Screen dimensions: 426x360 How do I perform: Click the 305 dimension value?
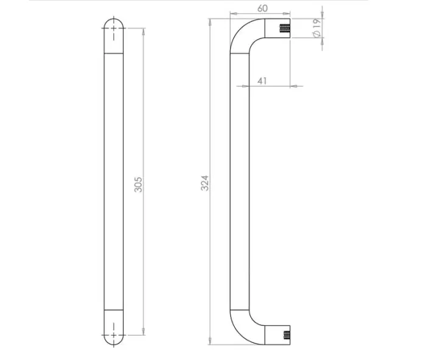138,185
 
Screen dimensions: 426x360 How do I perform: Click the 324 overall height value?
205,183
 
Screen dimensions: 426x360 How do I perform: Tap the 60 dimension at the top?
262,9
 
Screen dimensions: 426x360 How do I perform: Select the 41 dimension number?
262,81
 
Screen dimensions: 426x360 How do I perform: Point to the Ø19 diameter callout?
317,28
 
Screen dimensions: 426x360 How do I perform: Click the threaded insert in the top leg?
285,28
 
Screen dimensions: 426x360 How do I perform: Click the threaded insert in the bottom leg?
287,335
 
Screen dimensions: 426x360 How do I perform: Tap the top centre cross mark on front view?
114,28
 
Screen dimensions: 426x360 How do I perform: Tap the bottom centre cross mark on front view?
114,335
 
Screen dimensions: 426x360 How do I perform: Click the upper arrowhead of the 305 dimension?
144,31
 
